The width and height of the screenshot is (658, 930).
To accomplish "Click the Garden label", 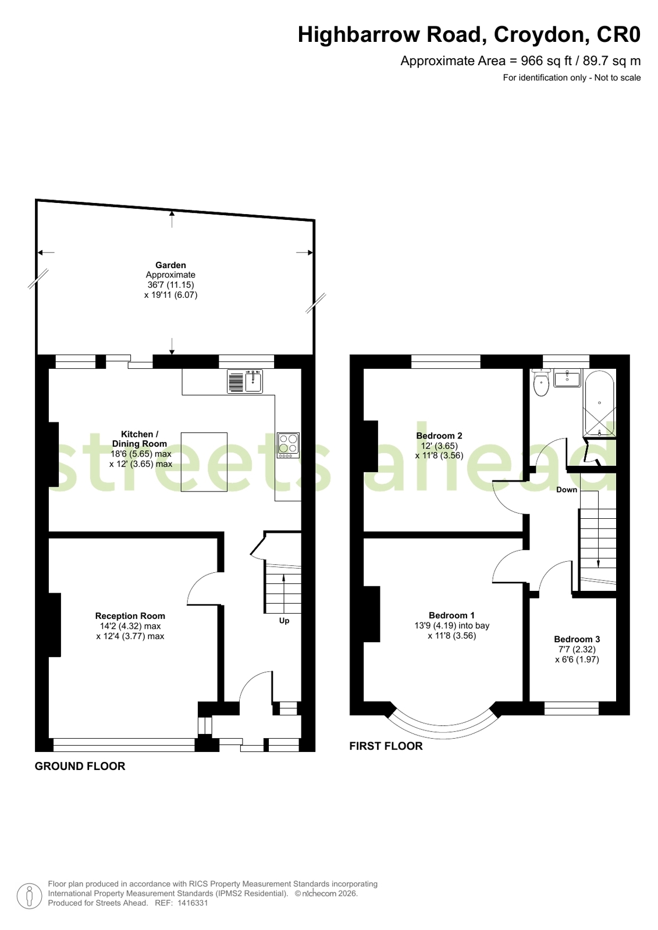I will point(170,265).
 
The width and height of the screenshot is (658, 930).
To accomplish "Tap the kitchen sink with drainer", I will point(245,381).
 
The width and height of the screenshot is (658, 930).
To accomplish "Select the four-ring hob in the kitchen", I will point(288,445).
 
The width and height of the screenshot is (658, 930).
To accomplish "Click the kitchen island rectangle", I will point(204,462).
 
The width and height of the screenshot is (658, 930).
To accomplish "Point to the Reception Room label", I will point(130,616).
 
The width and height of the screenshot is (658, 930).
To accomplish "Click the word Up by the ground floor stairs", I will point(284,621).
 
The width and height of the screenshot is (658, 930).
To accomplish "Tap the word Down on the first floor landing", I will point(566,490).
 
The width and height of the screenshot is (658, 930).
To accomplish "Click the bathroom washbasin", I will point(567,378).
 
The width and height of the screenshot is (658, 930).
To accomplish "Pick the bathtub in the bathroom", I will point(599,403).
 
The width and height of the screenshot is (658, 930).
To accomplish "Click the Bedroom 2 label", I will point(439,436).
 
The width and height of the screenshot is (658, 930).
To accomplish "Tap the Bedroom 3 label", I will point(577,639).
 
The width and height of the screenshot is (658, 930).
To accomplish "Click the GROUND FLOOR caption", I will point(80,766).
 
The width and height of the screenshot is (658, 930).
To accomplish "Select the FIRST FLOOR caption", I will point(386,746).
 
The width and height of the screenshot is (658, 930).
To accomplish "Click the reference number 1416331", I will point(193,903).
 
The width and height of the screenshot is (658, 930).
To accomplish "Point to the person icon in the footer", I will point(29,896).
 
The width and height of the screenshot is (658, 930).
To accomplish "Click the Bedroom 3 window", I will point(571,708).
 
